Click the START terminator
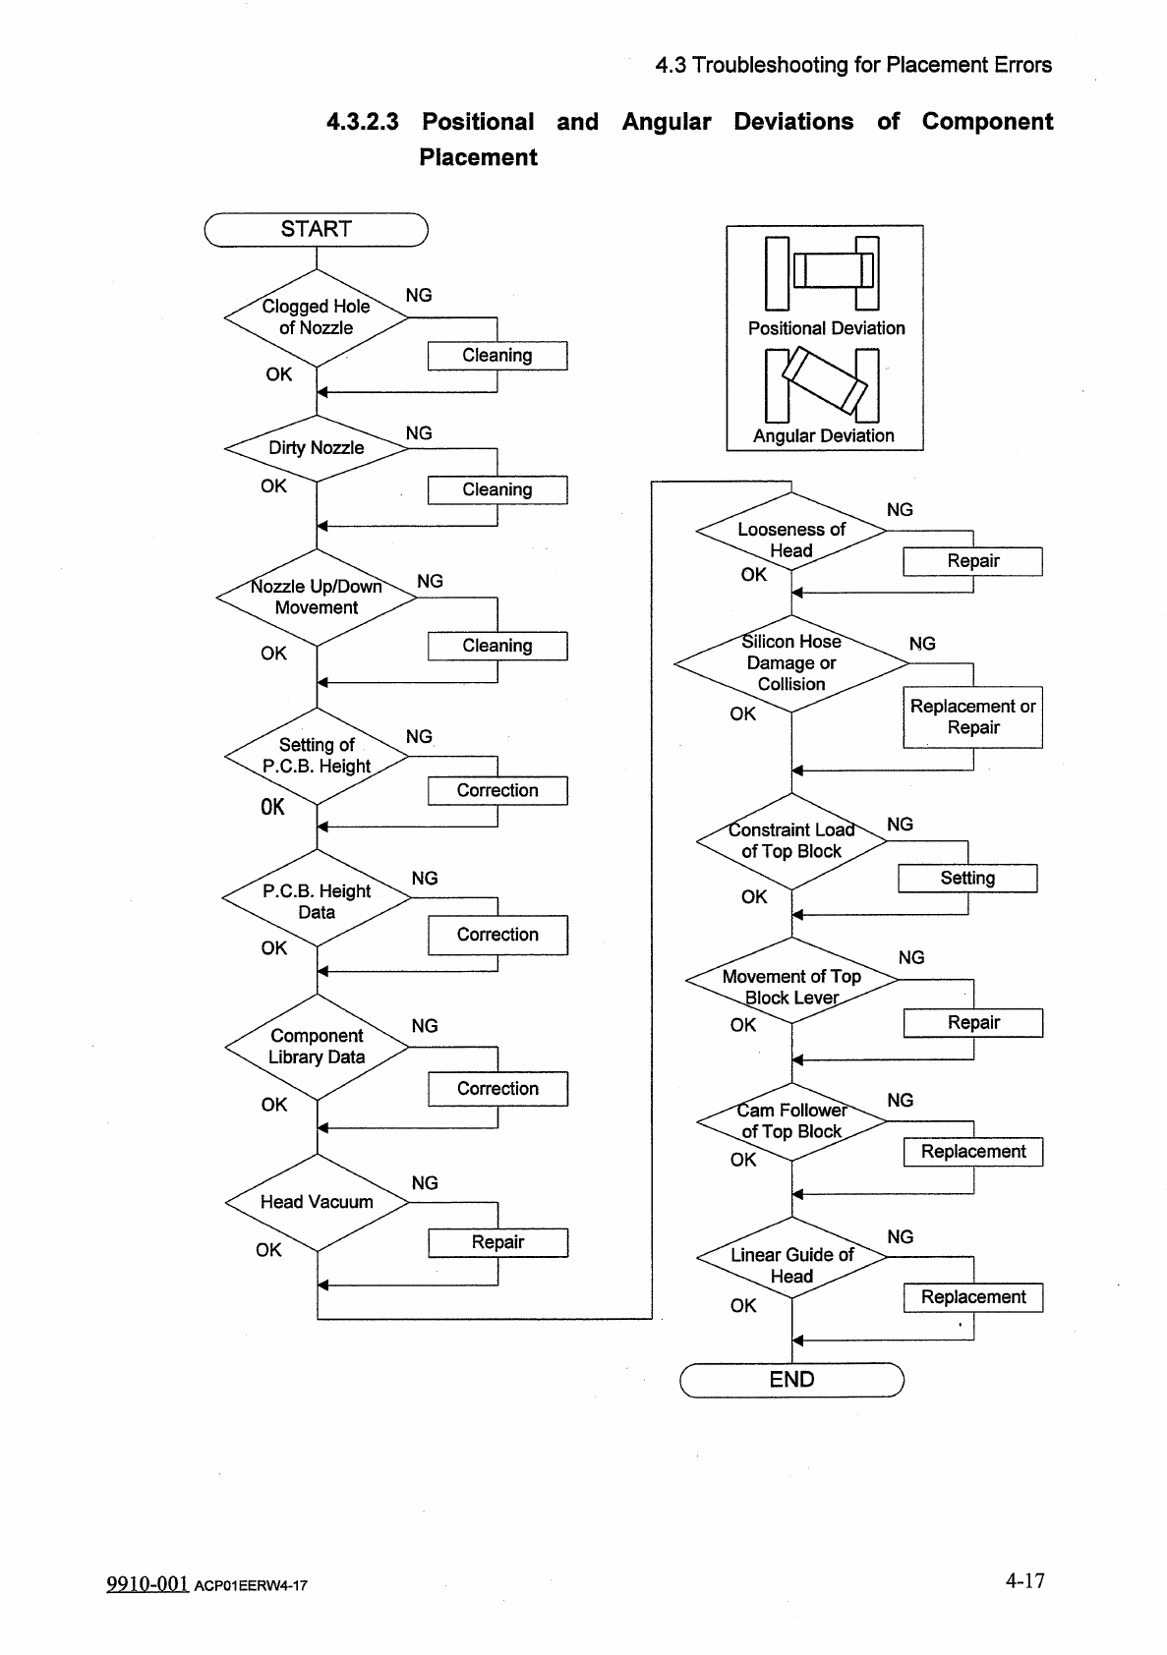[316, 229]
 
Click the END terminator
[791, 1379]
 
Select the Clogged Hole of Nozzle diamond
[316, 317]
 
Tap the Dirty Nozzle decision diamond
[316, 448]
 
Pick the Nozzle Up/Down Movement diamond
[316, 597]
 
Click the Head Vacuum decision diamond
[316, 1202]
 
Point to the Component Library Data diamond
[316, 1047]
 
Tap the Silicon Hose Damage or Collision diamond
[791, 662]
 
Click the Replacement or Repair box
[972, 717]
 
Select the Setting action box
[967, 878]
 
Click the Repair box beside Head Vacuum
[497, 1242]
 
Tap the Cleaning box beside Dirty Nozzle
[497, 489]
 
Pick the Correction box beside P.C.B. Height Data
[497, 935]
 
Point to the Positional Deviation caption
[826, 328]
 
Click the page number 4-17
[1024, 1580]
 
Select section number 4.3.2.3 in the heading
[362, 122]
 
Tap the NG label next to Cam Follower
[900, 1101]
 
